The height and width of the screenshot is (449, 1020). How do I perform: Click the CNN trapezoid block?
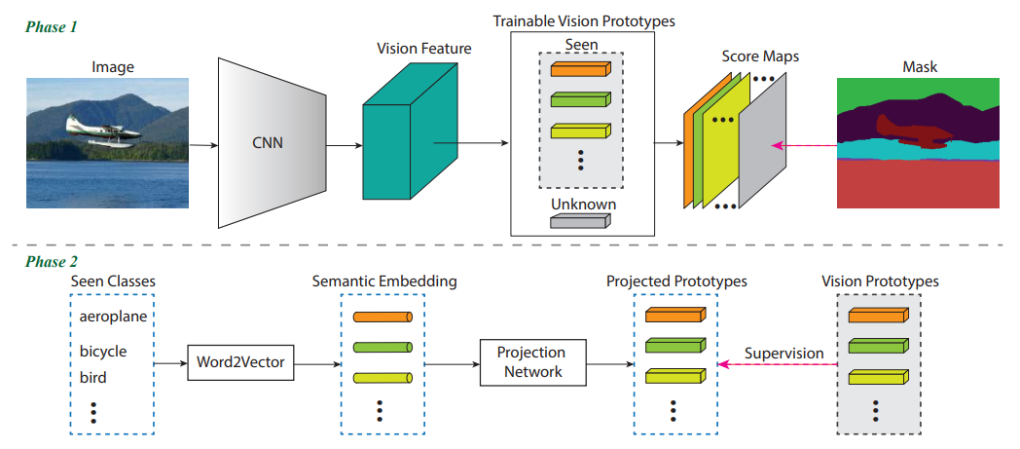271,144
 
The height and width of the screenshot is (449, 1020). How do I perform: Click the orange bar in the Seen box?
580,68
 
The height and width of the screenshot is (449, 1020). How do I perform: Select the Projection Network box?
531,362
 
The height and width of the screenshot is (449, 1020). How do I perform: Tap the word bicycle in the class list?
103,351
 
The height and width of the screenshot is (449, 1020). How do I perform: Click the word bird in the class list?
93,377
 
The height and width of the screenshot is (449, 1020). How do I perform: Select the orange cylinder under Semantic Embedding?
382,318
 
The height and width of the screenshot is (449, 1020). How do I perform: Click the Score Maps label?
760,56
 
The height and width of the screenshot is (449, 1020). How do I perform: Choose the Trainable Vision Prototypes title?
584,20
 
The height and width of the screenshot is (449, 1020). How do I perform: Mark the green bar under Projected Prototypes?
674,346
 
